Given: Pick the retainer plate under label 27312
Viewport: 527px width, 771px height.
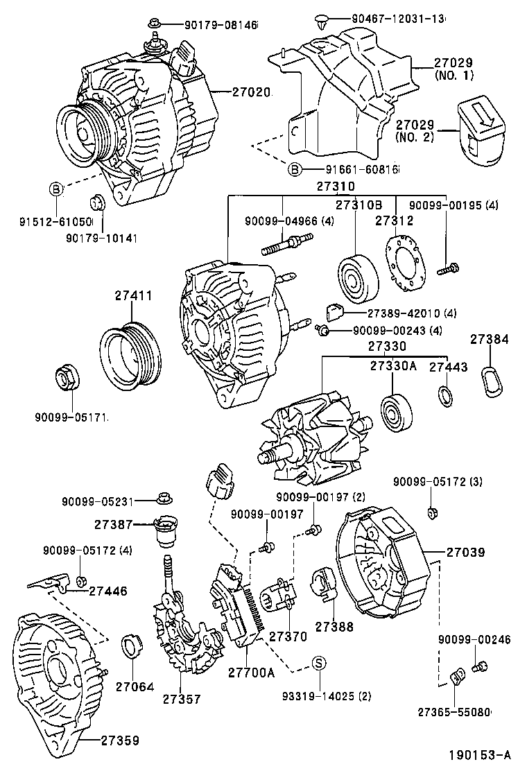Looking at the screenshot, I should tap(406, 263).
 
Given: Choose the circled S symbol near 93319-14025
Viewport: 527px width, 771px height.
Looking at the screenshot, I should tap(318, 663).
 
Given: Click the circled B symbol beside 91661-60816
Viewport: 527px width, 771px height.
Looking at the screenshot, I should tap(296, 168).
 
